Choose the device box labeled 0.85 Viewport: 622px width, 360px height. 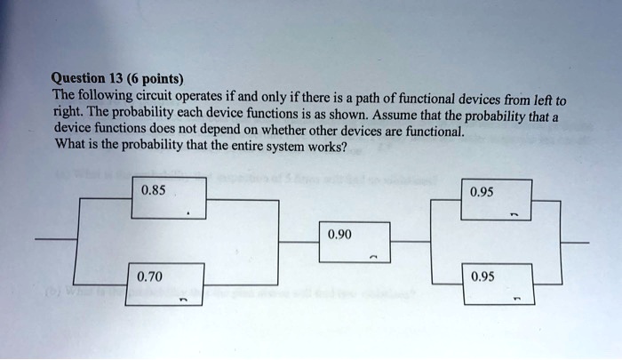pyautogui.click(x=168, y=197)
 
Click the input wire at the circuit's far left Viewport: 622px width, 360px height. pyautogui.click(x=53, y=241)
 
